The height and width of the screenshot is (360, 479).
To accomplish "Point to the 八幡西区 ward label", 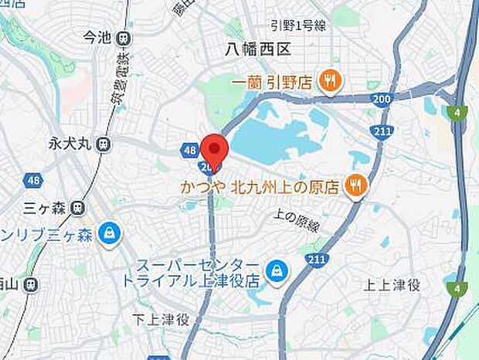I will pos(257,50).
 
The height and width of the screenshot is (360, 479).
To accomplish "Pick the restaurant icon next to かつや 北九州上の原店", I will pos(355,185).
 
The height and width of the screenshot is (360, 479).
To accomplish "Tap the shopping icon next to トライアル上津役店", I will pos(273,270).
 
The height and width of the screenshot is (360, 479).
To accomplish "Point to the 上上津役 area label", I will pos(392,286).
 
